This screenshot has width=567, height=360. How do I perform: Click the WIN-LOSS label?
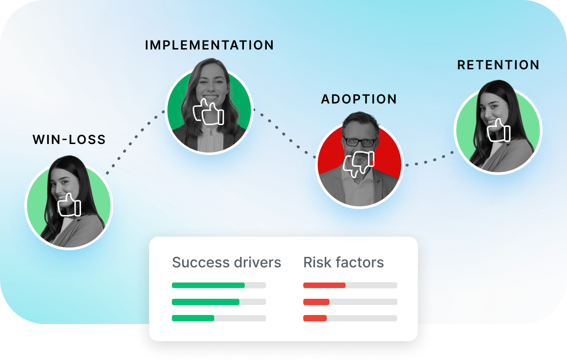(x=69, y=139)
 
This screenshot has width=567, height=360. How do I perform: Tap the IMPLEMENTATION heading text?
(x=209, y=45)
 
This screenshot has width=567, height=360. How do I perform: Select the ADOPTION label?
(x=359, y=99)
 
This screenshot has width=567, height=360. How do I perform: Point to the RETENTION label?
(x=498, y=65)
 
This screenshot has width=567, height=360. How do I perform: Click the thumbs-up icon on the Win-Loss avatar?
(x=69, y=205)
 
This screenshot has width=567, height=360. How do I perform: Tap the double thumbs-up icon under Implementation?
(x=208, y=112)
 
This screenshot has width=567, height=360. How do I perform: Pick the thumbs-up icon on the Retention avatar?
(x=499, y=130)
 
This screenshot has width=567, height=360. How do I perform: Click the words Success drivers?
(x=226, y=262)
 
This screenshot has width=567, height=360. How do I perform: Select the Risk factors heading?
(x=343, y=262)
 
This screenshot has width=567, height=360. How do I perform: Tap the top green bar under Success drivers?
(x=208, y=285)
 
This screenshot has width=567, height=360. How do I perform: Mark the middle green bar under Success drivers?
(x=205, y=302)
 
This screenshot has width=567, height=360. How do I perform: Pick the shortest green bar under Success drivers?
(x=193, y=318)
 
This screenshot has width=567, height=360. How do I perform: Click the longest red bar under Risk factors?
(x=324, y=285)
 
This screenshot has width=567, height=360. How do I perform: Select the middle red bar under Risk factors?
(x=316, y=302)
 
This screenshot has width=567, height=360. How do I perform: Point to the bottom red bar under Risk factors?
(x=315, y=318)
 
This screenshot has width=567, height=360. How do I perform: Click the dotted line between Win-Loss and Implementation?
(x=135, y=142)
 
